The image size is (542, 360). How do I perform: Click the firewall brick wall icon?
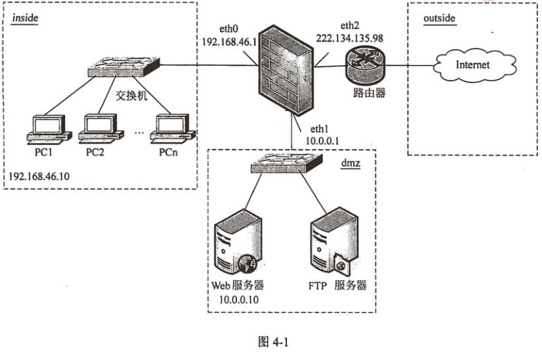click(285, 74)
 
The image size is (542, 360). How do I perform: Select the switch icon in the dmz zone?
click(286, 164)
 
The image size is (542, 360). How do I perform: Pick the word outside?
click(439, 18)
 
